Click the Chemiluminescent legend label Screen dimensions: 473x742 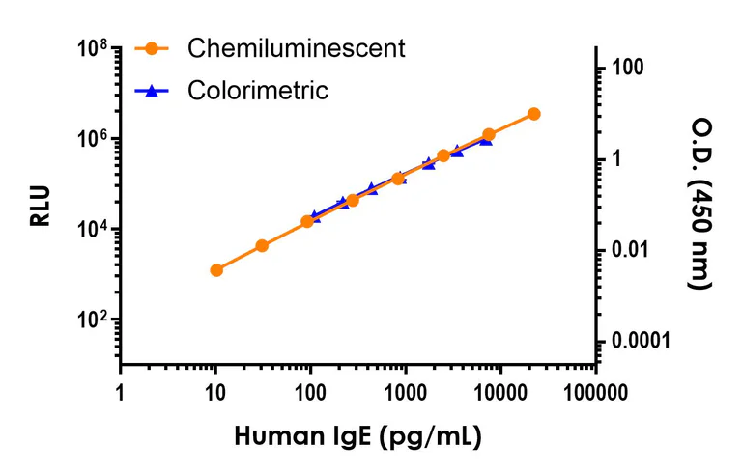(x=297, y=47)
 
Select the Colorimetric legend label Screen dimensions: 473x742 (x=258, y=91)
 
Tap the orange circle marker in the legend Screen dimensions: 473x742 (x=152, y=47)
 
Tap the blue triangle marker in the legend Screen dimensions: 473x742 (x=152, y=91)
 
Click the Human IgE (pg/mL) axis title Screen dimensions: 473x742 (x=357, y=436)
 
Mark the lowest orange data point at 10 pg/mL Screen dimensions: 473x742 (x=216, y=270)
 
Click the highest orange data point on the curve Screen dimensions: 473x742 (x=534, y=114)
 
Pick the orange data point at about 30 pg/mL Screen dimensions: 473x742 (x=262, y=246)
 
